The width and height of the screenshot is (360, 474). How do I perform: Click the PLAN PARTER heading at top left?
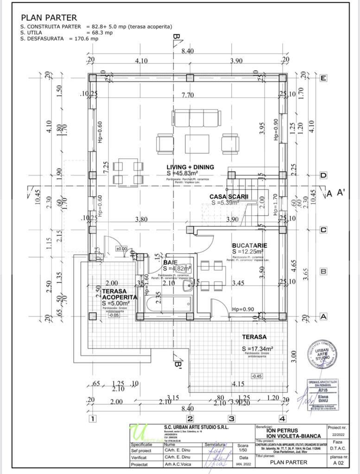pos(49,18)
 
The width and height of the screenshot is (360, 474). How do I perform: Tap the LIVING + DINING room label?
pos(190,167)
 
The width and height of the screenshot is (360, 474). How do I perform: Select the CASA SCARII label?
pos(229,196)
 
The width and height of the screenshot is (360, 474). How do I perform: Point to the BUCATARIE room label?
pos(249,245)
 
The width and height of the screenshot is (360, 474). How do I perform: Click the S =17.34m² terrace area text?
pos(257,348)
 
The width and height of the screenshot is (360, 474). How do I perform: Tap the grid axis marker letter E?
pos(323,78)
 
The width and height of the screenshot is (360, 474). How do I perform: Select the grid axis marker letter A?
pos(323,317)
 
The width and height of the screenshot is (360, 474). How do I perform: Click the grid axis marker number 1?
pos(92,419)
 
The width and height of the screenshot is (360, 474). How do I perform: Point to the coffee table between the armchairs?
pos(196,143)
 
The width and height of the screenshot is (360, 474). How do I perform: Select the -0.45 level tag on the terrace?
pos(256,376)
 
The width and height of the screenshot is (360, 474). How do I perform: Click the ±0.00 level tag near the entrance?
pos(121,249)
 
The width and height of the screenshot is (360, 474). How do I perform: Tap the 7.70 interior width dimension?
pos(188,95)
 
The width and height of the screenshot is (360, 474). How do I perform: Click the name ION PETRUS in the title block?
pos(282,430)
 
